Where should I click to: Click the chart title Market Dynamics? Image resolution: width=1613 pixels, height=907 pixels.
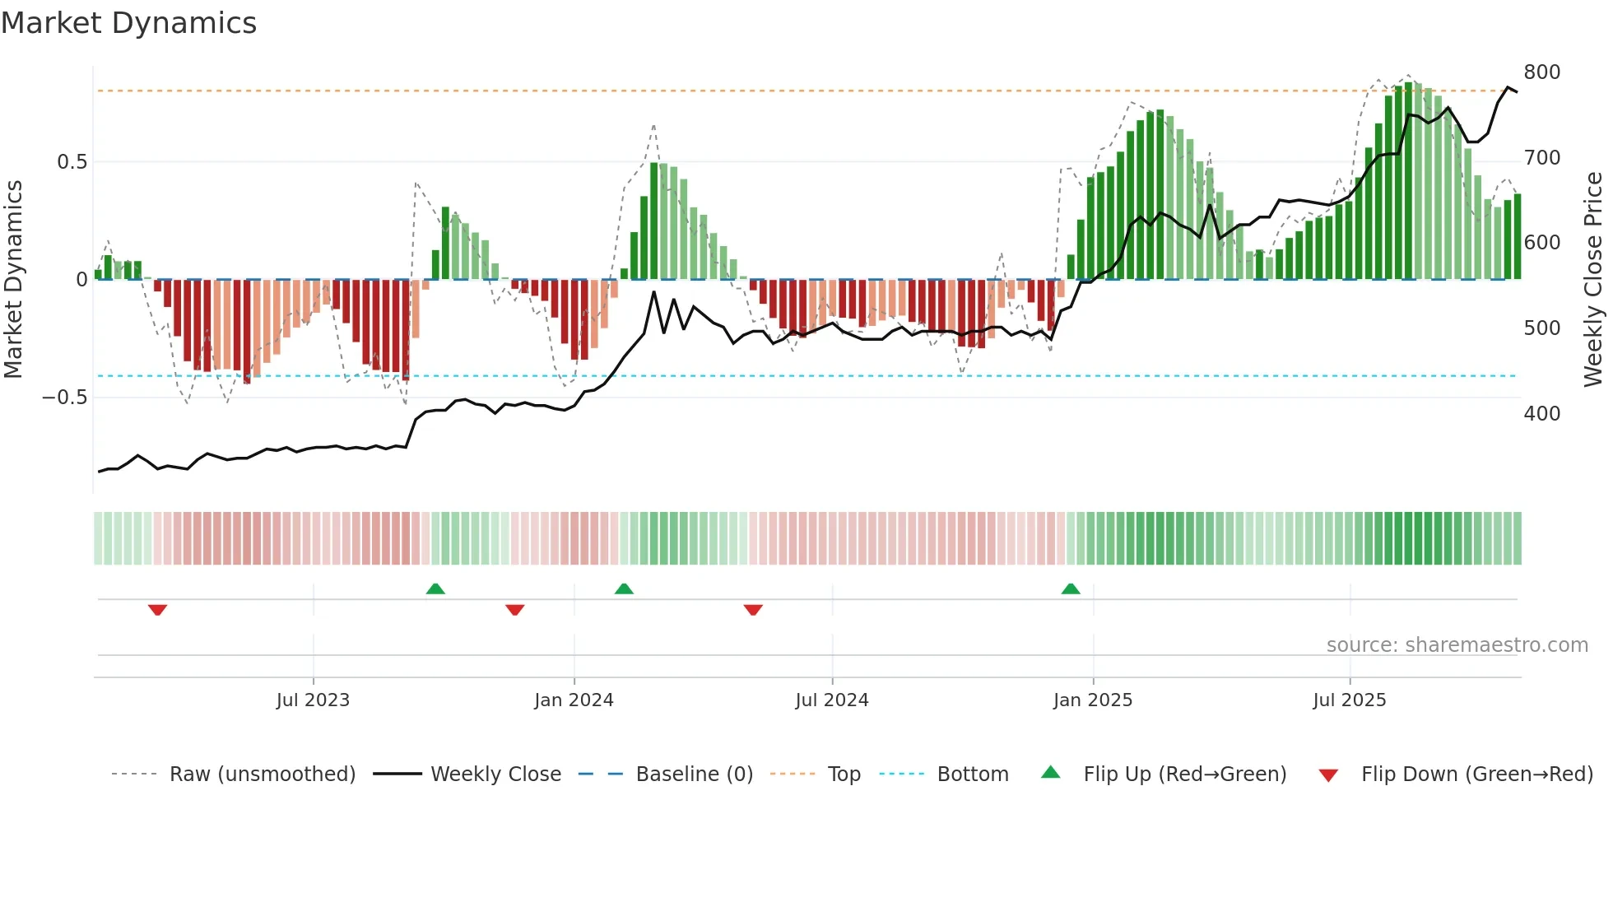click(x=129, y=23)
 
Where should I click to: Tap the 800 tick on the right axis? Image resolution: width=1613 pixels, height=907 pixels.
click(x=1541, y=72)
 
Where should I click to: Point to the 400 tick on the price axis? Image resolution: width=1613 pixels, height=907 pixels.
click(x=1541, y=413)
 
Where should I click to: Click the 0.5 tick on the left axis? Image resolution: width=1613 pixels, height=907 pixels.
click(x=72, y=162)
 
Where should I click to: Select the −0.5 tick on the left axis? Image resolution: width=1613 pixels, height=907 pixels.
click(x=65, y=398)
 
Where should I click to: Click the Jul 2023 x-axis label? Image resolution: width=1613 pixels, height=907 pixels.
click(x=313, y=700)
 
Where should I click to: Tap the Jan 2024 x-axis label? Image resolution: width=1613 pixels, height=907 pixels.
click(x=574, y=700)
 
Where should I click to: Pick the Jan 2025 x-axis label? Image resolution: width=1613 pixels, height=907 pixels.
click(x=1093, y=700)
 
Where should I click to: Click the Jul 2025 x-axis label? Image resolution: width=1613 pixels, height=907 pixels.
click(x=1349, y=700)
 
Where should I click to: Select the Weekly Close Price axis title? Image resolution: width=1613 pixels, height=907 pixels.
click(x=1593, y=280)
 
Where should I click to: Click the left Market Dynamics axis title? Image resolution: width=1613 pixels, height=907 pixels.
click(x=14, y=280)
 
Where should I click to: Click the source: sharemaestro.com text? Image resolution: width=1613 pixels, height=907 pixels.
click(x=1457, y=645)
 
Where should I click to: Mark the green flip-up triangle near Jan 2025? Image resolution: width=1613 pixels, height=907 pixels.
click(x=1071, y=589)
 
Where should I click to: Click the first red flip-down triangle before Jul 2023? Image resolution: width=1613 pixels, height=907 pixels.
click(x=158, y=610)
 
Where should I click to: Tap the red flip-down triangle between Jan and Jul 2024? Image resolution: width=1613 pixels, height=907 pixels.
click(x=753, y=610)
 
